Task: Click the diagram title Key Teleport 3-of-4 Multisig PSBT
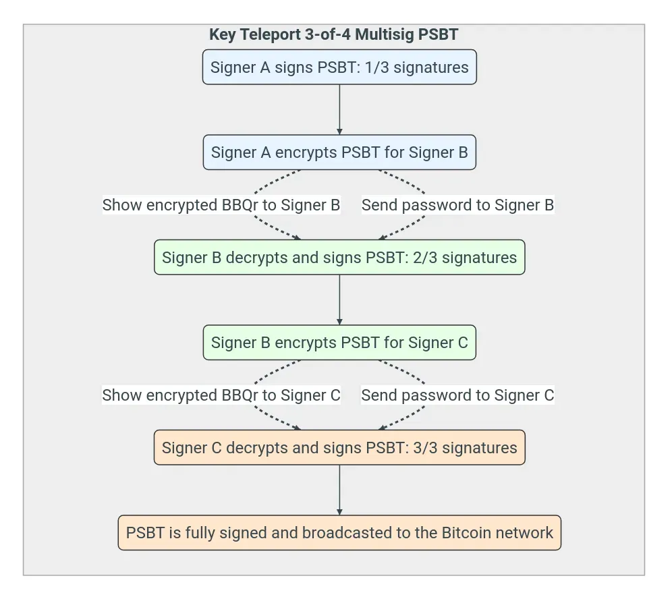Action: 333,35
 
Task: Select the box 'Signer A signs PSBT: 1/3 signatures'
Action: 339,67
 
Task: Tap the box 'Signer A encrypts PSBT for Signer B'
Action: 339,152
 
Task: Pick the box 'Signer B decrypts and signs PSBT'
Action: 339,258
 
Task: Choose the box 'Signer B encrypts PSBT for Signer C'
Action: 339,343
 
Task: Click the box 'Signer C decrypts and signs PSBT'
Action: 339,448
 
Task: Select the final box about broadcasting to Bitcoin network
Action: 339,533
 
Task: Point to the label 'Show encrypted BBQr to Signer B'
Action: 221,205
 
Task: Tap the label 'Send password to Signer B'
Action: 457,205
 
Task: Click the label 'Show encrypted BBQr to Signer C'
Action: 221,395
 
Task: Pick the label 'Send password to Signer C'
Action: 457,395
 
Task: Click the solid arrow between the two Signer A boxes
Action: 339,110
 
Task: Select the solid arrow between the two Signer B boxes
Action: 339,300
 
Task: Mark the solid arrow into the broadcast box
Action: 339,490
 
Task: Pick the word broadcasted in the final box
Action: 347,533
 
